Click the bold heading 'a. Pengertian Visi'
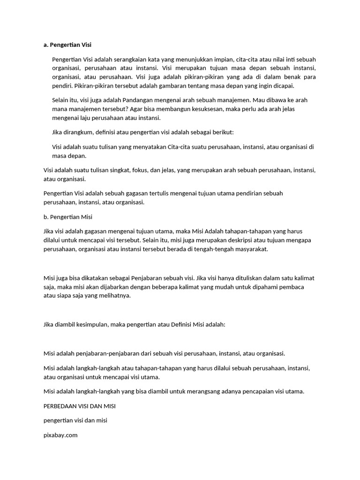click(x=67, y=45)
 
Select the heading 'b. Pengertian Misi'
click(x=68, y=217)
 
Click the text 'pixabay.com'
click(x=60, y=435)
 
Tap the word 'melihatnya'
click(x=113, y=295)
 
